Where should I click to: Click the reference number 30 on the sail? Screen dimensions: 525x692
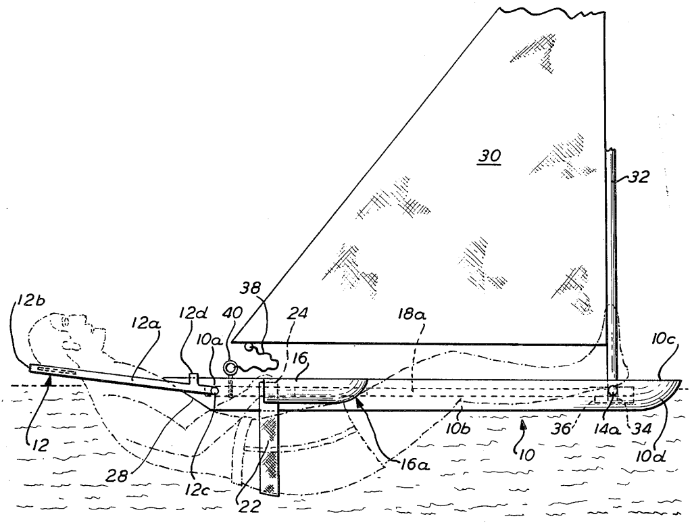click(489, 156)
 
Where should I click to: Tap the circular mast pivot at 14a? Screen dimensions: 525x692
click(612, 391)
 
